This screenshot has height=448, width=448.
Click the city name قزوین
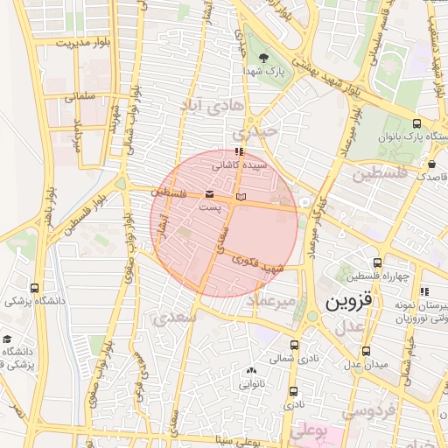click(348, 303)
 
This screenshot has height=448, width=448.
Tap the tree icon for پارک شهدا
click(253, 58)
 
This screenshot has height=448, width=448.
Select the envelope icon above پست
click(209, 194)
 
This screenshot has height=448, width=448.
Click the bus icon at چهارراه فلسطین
click(377, 262)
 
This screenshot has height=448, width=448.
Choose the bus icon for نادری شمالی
click(293, 345)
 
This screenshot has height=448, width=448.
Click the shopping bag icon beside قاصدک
click(432, 164)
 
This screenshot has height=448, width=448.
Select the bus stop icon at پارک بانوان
click(416, 123)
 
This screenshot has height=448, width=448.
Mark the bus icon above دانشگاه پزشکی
click(34, 288)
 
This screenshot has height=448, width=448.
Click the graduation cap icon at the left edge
click(8, 339)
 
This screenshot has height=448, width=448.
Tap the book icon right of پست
click(242, 194)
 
